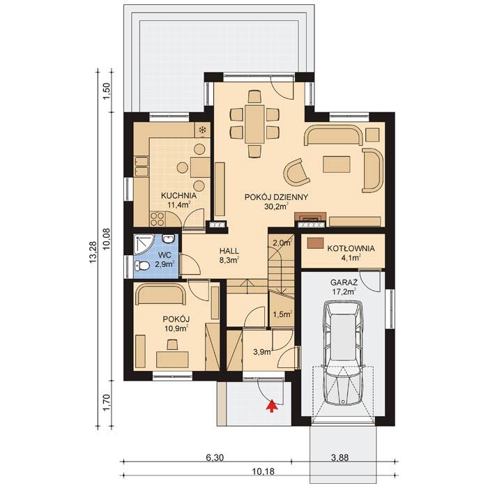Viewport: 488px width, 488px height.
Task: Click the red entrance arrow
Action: coord(271,404)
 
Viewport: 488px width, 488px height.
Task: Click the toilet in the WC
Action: coord(142,266)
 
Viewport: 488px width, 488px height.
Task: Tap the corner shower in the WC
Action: coord(144,243)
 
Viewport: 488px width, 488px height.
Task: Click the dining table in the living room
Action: coord(254,124)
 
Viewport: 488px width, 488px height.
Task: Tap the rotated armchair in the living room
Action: coord(296,171)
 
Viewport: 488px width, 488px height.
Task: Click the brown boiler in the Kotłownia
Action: coord(316,243)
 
